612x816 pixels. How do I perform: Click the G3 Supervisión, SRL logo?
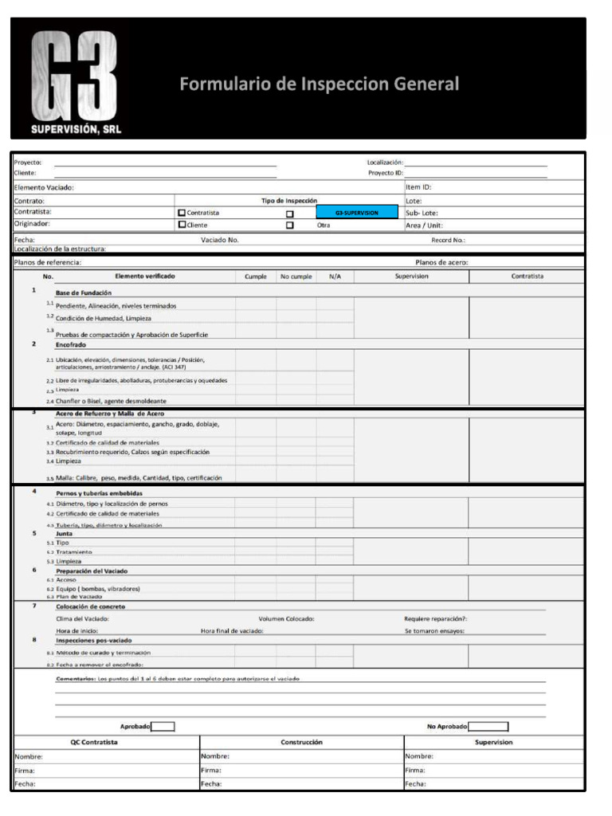[x=76, y=82]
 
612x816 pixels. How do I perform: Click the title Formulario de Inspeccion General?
[x=319, y=84]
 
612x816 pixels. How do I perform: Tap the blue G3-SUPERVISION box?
[x=356, y=213]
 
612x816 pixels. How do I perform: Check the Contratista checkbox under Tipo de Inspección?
[x=182, y=213]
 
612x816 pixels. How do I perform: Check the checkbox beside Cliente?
[x=182, y=225]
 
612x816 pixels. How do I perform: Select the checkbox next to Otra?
[x=290, y=225]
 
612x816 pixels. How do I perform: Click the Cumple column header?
[x=256, y=277]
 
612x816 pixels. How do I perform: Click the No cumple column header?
[x=296, y=277]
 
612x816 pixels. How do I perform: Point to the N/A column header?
[x=335, y=277]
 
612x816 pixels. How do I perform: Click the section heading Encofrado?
[x=71, y=345]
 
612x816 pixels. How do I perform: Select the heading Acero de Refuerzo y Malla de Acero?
[x=109, y=414]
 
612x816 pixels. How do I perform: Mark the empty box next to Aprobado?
[x=163, y=726]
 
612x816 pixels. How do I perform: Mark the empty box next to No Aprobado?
[x=488, y=726]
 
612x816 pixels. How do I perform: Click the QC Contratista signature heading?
[x=95, y=742]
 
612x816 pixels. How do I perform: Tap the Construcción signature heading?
[x=302, y=742]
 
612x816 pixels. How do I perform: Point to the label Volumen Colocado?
[x=286, y=618]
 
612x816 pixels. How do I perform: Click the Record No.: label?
[x=448, y=240]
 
